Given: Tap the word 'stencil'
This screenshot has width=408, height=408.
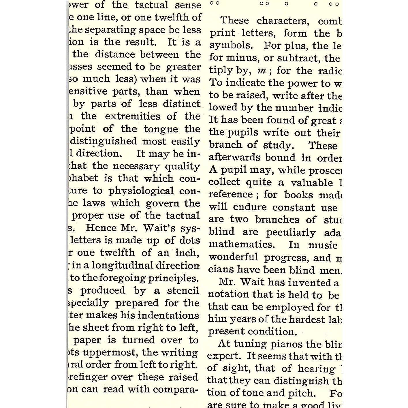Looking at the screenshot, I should tap(183, 290).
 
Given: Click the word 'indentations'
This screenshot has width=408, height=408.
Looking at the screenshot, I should tap(170, 315).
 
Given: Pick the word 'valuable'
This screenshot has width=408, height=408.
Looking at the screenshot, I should tap(312, 183).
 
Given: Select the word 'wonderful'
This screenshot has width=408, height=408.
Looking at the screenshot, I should tap(233, 257).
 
